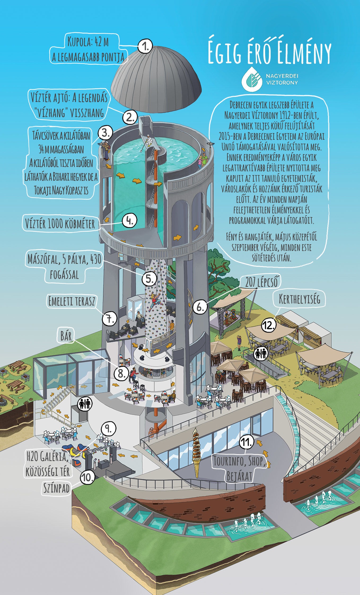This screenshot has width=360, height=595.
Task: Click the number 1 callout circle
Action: [145, 46]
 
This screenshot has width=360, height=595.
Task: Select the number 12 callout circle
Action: [269, 325]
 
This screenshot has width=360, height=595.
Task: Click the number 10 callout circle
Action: [87, 477]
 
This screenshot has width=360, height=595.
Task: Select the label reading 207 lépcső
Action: [261, 282]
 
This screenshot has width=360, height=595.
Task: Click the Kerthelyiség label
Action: [299, 299]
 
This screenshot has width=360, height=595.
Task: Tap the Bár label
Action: [66, 336]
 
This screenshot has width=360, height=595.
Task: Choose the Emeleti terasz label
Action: [72, 301]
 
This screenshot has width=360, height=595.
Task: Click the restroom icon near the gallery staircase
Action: [85, 404]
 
